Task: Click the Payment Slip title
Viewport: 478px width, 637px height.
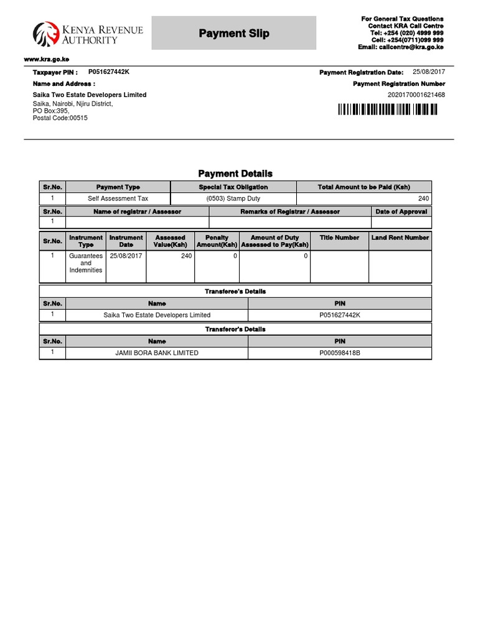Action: (x=234, y=34)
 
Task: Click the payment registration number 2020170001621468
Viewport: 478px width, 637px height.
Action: (x=416, y=95)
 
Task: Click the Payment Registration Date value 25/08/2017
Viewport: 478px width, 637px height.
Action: (x=429, y=72)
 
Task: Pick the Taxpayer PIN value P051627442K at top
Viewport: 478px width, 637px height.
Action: (x=109, y=72)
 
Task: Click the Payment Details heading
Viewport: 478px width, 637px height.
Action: (x=235, y=174)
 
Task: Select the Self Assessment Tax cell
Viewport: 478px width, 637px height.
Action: (x=118, y=199)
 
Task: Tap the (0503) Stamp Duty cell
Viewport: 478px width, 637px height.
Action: (x=233, y=199)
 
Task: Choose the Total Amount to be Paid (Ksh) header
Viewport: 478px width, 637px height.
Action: (x=364, y=187)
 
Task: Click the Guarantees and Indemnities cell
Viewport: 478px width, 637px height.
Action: (x=86, y=263)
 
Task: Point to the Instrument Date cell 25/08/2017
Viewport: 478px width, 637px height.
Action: (x=126, y=256)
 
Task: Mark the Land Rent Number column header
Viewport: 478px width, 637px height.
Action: (x=400, y=238)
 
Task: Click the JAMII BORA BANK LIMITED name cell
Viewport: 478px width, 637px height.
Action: (x=157, y=353)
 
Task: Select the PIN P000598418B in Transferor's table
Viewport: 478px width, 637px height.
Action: (x=340, y=353)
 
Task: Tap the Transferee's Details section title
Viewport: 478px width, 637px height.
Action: (x=235, y=291)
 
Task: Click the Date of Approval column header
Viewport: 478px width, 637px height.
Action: (x=401, y=212)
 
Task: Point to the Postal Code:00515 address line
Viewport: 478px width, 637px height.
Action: (x=60, y=118)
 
